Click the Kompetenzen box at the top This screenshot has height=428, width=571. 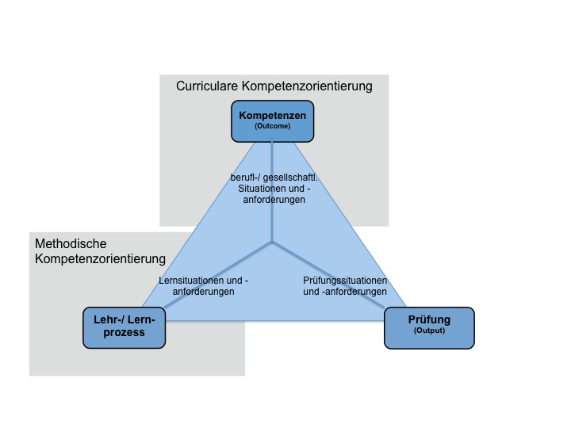click(x=273, y=120)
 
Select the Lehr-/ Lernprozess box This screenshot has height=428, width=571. click(x=124, y=327)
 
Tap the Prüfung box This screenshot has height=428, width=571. click(x=429, y=327)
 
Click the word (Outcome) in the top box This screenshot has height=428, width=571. click(x=273, y=126)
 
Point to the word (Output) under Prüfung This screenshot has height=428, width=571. click(x=429, y=331)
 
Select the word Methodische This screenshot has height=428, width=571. click(x=71, y=244)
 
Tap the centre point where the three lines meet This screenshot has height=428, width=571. click(x=272, y=242)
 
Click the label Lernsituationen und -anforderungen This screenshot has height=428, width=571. click(x=204, y=286)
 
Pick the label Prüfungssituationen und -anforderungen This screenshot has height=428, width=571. click(x=345, y=286)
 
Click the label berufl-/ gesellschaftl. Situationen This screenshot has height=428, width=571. click(x=272, y=188)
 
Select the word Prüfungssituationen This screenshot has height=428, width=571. click(x=345, y=281)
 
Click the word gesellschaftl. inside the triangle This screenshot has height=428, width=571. click(x=293, y=177)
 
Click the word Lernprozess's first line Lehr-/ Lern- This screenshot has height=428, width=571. click(x=124, y=319)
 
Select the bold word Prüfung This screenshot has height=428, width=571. click(x=429, y=320)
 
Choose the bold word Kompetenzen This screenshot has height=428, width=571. click(x=273, y=116)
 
